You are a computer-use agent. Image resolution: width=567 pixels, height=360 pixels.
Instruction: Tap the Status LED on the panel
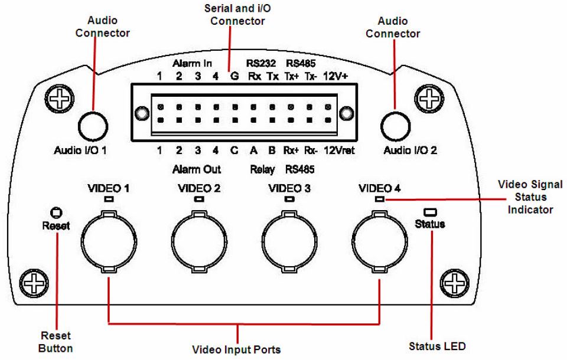point(429,211)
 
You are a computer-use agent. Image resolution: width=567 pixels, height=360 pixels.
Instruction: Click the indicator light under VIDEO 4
point(379,199)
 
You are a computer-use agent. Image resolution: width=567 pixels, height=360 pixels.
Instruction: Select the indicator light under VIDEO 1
point(108,199)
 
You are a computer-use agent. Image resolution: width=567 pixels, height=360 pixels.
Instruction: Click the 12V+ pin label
point(336,76)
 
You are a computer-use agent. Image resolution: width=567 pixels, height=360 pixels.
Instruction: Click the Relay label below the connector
point(262,170)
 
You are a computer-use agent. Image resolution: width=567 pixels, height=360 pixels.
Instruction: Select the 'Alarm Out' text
point(197,170)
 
